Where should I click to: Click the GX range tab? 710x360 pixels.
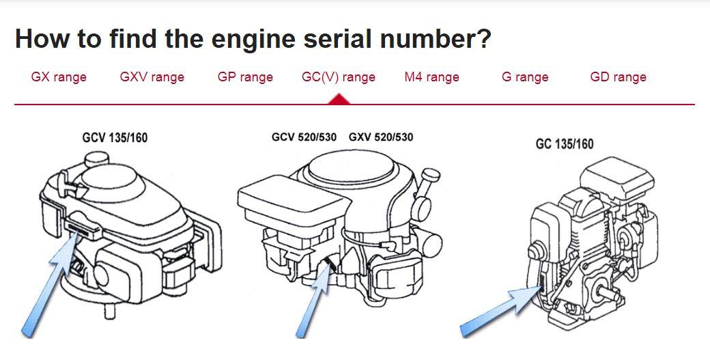[x=59, y=77]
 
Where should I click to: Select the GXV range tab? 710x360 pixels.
[x=152, y=77]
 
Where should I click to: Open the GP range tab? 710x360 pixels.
[x=245, y=77]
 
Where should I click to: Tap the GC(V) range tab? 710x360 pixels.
[x=339, y=77]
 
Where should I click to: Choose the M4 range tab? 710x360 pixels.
[x=431, y=77]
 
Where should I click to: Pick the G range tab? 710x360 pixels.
[x=525, y=77]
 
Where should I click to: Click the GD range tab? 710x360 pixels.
[x=618, y=77]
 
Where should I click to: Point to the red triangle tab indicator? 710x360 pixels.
[x=339, y=100]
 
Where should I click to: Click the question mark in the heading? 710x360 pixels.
[x=483, y=39]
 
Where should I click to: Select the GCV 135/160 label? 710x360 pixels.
[x=115, y=138]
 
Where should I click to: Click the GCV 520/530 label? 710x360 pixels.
[x=304, y=137]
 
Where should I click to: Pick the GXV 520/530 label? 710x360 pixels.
[x=381, y=137]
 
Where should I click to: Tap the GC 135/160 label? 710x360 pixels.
[x=565, y=143]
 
